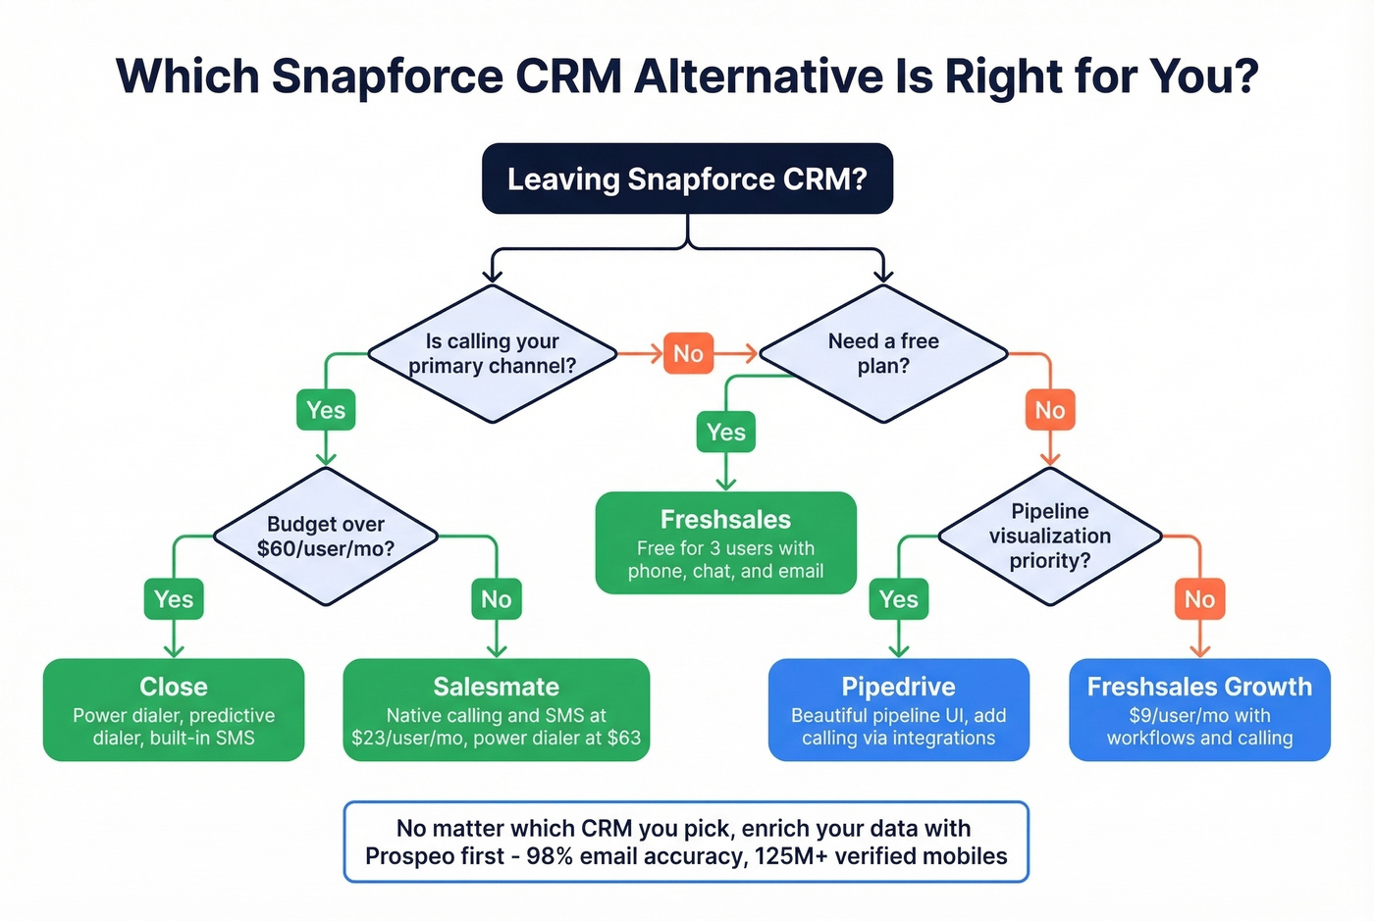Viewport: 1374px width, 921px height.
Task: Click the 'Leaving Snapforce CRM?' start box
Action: (x=687, y=179)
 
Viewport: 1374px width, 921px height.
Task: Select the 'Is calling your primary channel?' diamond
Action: (x=492, y=353)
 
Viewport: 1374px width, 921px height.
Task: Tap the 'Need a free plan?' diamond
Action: (x=883, y=353)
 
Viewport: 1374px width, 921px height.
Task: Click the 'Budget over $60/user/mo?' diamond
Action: (x=325, y=537)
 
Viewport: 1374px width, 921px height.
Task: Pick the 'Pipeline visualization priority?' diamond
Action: (x=1049, y=537)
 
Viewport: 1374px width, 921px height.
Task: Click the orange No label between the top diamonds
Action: (x=688, y=353)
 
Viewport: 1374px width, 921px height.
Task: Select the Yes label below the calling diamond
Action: (x=326, y=410)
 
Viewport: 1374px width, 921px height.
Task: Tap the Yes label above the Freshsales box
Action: (x=725, y=432)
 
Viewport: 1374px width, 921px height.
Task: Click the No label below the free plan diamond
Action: (x=1049, y=410)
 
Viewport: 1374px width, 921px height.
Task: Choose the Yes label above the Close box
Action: (x=174, y=599)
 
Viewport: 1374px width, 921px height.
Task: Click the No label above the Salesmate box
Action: (x=496, y=599)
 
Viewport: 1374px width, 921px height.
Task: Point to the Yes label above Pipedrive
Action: (x=898, y=599)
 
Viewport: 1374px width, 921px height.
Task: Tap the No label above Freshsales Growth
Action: (x=1199, y=599)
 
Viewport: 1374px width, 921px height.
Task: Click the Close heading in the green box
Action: (x=174, y=687)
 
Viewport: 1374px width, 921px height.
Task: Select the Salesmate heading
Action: (x=496, y=687)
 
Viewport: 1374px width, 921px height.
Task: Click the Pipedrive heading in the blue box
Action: (x=898, y=687)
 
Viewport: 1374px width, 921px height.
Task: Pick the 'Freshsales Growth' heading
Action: (x=1199, y=687)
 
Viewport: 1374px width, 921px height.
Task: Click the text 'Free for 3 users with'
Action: (x=725, y=548)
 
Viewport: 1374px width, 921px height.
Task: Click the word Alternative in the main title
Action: (x=759, y=76)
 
